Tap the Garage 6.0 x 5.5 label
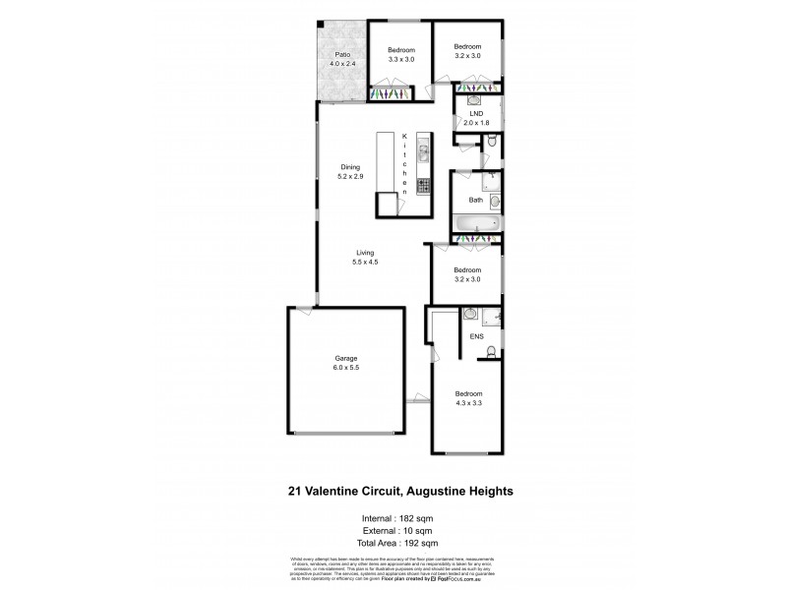click(x=344, y=364)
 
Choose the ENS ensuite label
click(x=476, y=337)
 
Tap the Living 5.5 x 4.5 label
click(x=365, y=257)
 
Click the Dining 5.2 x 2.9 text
click(x=351, y=171)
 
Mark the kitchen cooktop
click(x=424, y=184)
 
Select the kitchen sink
click(x=424, y=152)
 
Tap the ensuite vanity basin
click(x=470, y=315)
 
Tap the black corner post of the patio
click(x=321, y=25)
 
